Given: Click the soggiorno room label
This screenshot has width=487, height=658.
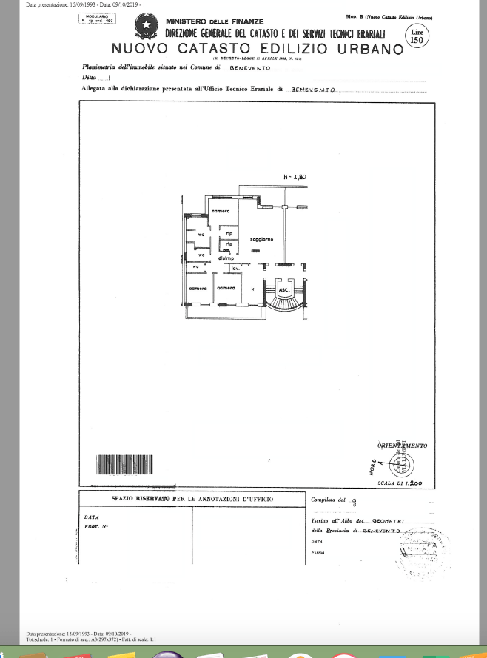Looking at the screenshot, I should click(x=261, y=239).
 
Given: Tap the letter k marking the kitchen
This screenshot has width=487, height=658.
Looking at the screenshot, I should click(x=253, y=289).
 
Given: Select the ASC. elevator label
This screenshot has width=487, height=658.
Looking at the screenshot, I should click(x=283, y=289).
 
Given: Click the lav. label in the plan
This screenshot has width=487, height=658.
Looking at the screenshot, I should click(x=234, y=268).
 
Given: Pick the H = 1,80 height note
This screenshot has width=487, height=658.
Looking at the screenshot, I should click(x=295, y=177).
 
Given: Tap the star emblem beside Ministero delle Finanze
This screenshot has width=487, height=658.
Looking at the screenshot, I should click(x=147, y=28).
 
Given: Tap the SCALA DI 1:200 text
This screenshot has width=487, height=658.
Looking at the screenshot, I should click(x=400, y=483).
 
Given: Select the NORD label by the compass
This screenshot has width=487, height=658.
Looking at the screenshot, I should click(x=372, y=468).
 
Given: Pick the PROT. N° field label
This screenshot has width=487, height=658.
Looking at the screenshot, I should click(x=96, y=526).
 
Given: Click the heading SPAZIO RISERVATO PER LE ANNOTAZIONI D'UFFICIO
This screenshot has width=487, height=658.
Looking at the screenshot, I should click(x=192, y=500).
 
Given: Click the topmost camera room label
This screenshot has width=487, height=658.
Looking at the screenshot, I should click(x=221, y=212).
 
